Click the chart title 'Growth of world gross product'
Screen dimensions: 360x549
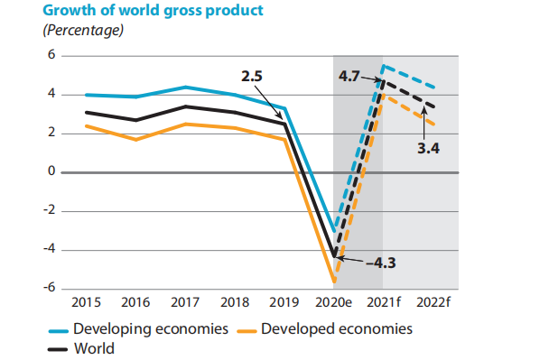click(x=141, y=10)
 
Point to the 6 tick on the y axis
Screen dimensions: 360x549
click(x=51, y=56)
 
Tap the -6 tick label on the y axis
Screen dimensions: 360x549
click(x=49, y=288)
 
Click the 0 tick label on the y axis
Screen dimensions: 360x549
click(x=51, y=171)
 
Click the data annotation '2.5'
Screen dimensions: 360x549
click(x=251, y=77)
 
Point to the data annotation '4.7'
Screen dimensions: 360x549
click(x=349, y=77)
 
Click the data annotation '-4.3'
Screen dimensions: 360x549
click(x=382, y=263)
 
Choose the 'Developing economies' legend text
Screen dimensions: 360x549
click(x=150, y=328)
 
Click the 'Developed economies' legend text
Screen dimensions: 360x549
click(x=337, y=328)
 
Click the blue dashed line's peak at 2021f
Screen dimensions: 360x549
click(x=385, y=66)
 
